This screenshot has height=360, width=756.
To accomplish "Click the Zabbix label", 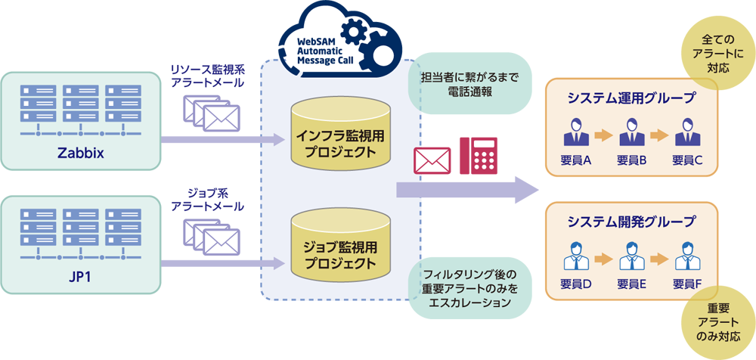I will pos(80,155).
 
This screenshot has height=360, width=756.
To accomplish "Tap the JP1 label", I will pos(80,276).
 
